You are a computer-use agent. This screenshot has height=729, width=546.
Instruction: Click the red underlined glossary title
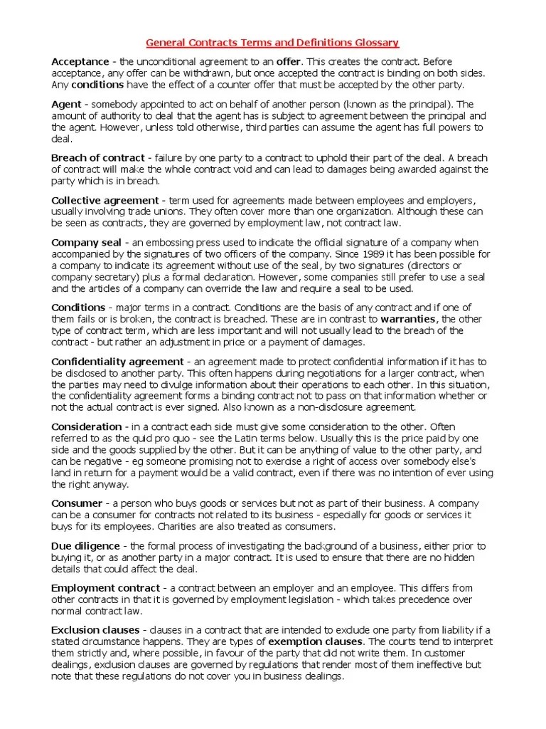272,43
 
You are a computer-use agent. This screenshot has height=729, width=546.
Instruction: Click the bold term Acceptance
80,62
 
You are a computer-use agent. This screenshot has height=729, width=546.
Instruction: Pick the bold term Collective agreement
105,200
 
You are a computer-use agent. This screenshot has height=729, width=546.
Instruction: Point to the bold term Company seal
86,243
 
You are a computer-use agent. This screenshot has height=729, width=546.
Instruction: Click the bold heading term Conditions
78,308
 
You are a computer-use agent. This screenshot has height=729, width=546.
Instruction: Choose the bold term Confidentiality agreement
117,362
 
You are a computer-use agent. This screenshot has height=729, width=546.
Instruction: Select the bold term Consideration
87,427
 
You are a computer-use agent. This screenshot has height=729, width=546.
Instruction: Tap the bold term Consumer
77,503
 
